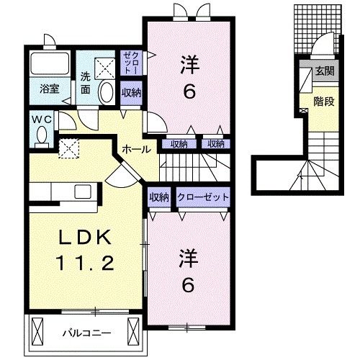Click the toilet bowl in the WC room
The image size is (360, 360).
pyautogui.click(x=42, y=135)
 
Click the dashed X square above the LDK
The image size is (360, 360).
pyautogui.click(x=70, y=148)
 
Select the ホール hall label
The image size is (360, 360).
pyautogui.click(x=137, y=149)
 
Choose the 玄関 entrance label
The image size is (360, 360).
pyautogui.click(x=324, y=71)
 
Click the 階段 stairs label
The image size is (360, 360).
pyautogui.click(x=324, y=102)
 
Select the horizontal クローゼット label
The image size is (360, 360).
pyautogui.click(x=203, y=196)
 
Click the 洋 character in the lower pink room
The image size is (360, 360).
pyautogui.click(x=186, y=258)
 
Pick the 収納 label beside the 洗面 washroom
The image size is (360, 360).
pyautogui.click(x=131, y=92)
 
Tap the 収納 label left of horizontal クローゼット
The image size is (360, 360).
pyautogui.click(x=159, y=196)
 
